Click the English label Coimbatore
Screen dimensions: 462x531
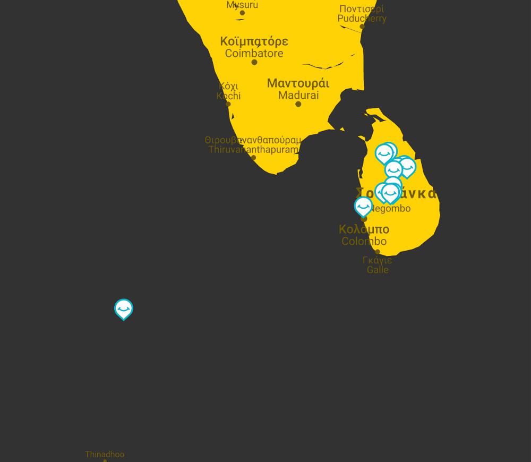point(254,54)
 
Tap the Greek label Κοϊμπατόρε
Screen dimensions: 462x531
point(254,41)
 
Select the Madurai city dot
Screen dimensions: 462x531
point(298,104)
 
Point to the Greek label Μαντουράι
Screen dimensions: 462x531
point(298,83)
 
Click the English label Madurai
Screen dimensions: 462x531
point(298,96)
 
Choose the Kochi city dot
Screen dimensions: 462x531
point(228,104)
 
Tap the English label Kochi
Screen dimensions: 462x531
point(228,96)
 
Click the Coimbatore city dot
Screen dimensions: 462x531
point(254,63)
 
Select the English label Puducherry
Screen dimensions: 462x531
point(362,19)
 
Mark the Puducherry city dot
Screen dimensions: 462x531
point(362,27)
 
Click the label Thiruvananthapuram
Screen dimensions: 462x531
point(253,150)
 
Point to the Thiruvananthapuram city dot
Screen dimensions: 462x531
point(253,158)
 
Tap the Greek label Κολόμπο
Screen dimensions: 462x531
point(364,229)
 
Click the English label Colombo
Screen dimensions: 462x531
point(364,242)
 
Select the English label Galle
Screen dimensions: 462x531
point(378,270)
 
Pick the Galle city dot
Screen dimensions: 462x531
point(378,252)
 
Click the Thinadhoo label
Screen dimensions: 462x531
point(105,455)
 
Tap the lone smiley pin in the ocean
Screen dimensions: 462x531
point(124,309)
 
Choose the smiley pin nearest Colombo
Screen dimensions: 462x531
point(363,206)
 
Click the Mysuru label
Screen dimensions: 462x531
point(242,5)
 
